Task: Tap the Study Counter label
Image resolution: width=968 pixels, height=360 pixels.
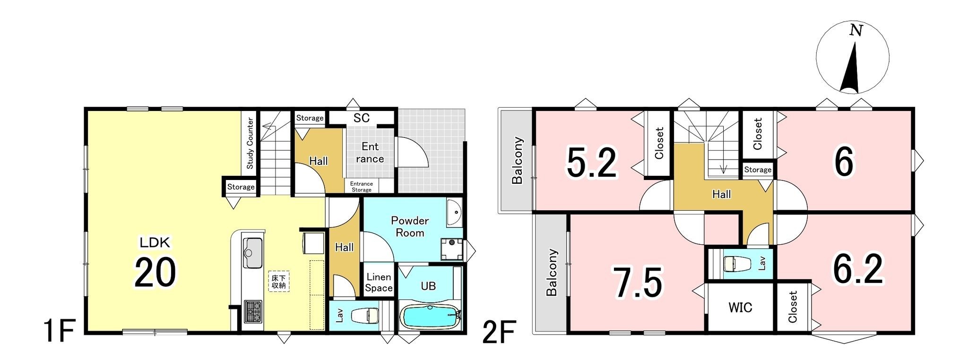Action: pyautogui.click(x=250, y=143)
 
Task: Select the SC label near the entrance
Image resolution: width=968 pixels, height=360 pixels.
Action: pyautogui.click(x=362, y=118)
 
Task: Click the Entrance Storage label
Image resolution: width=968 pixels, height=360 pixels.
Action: pyautogui.click(x=362, y=187)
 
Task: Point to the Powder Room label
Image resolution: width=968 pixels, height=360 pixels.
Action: pyautogui.click(x=410, y=227)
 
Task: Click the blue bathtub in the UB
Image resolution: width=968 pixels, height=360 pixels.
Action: pyautogui.click(x=430, y=317)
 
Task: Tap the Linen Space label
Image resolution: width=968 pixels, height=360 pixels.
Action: pyautogui.click(x=379, y=283)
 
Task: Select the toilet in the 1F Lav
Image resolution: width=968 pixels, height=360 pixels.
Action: pyautogui.click(x=366, y=315)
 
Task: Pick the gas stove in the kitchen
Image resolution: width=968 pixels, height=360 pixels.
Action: pyautogui.click(x=253, y=311)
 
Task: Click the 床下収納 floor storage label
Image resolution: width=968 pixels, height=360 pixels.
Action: pyautogui.click(x=278, y=282)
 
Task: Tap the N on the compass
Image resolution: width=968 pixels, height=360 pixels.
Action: pyautogui.click(x=856, y=31)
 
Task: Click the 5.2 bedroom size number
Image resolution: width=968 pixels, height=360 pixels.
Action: pyautogui.click(x=592, y=163)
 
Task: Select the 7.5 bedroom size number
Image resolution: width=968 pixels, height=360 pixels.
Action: pyautogui.click(x=638, y=283)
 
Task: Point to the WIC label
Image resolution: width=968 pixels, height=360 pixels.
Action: pyautogui.click(x=740, y=308)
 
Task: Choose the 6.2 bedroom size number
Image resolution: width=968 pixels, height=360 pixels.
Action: pyautogui.click(x=858, y=269)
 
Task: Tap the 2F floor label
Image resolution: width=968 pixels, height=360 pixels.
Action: pyautogui.click(x=499, y=333)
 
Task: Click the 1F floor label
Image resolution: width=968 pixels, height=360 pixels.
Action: pyautogui.click(x=59, y=333)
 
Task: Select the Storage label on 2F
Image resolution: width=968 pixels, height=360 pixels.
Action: pyautogui.click(x=758, y=170)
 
